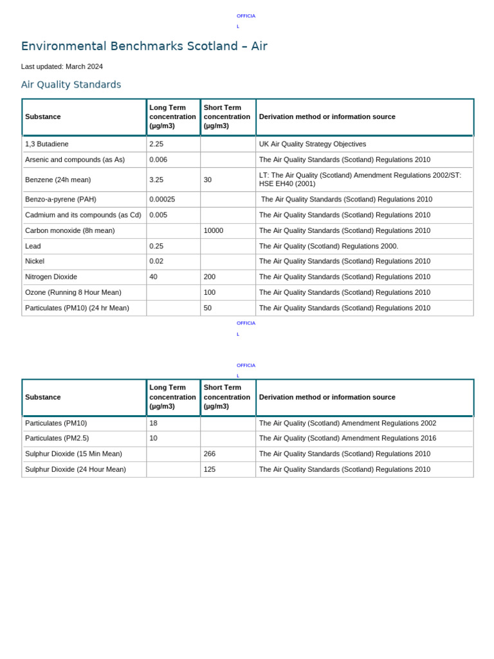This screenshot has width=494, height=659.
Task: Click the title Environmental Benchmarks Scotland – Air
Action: (x=144, y=46)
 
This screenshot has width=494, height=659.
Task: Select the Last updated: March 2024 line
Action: (x=62, y=66)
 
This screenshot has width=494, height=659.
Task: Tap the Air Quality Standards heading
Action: (x=71, y=85)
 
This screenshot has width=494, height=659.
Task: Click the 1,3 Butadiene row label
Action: (x=46, y=144)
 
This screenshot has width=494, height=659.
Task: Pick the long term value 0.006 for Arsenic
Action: (x=158, y=160)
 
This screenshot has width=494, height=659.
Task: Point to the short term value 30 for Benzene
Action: (x=208, y=180)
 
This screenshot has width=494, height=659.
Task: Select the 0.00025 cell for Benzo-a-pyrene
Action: (x=162, y=200)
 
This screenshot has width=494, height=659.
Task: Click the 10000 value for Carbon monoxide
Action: (x=214, y=230)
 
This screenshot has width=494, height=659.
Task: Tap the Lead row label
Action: (x=33, y=246)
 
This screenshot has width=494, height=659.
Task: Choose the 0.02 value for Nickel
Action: (x=156, y=261)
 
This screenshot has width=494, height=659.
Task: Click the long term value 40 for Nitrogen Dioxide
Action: (x=154, y=277)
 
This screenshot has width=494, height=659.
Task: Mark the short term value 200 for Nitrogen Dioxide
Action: (x=210, y=277)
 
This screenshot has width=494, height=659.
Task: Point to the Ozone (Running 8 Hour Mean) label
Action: (x=73, y=292)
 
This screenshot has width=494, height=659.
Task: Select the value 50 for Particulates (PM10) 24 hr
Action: (x=208, y=308)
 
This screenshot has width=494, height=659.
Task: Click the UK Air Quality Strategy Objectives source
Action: (x=313, y=144)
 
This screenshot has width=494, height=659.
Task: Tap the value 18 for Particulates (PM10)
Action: (x=154, y=423)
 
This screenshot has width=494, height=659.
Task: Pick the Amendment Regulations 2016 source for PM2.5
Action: (x=347, y=438)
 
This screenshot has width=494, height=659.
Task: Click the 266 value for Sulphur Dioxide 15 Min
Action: (x=210, y=454)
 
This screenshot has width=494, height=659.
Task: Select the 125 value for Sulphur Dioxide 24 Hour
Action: (x=210, y=469)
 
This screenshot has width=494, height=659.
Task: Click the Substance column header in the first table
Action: (x=43, y=116)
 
